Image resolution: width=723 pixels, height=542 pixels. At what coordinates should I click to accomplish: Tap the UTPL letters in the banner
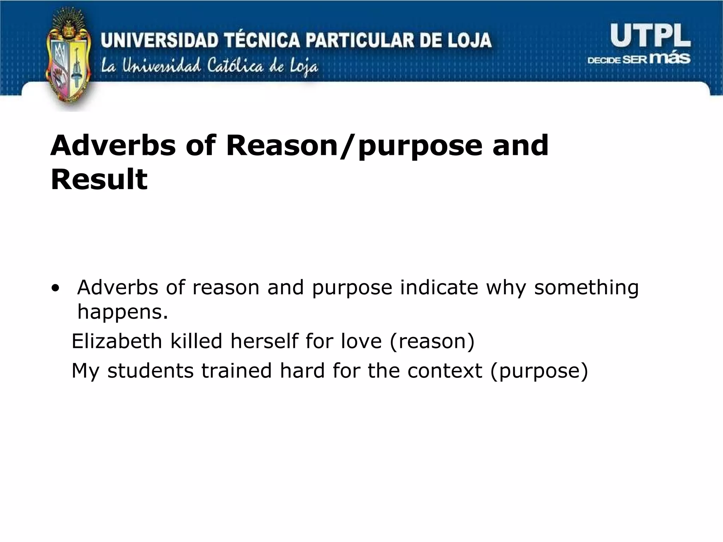click(650, 37)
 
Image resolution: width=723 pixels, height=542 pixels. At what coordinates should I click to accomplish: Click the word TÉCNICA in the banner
click(264, 40)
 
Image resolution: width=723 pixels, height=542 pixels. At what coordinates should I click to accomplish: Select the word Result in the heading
click(99, 179)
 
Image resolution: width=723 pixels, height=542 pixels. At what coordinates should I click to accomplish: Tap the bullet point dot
click(55, 288)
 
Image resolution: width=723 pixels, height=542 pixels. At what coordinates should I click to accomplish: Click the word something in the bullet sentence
click(586, 288)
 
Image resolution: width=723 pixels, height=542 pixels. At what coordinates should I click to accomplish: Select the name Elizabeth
click(117, 341)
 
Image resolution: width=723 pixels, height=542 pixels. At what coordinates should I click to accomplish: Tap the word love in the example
click(361, 341)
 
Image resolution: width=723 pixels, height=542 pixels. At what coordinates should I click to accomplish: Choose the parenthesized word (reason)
click(432, 341)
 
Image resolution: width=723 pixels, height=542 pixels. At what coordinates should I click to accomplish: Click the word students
click(150, 371)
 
